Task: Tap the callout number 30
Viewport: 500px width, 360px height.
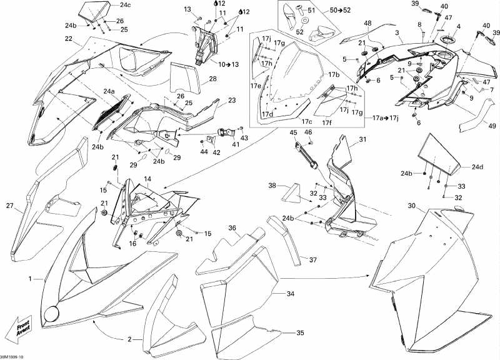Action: (x=411, y=206)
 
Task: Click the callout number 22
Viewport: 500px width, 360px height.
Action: (x=68, y=39)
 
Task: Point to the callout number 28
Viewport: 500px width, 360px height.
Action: (x=213, y=79)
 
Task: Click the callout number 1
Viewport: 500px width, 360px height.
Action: (x=29, y=278)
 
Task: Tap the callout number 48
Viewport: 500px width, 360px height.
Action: (x=367, y=23)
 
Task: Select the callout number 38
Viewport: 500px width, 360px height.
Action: (x=272, y=186)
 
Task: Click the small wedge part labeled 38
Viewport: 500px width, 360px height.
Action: (x=291, y=193)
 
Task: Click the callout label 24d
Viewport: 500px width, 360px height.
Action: (x=477, y=166)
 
